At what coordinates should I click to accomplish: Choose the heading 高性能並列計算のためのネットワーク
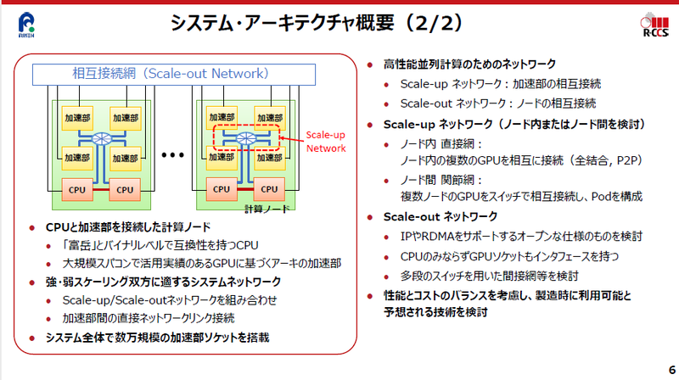470,64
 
